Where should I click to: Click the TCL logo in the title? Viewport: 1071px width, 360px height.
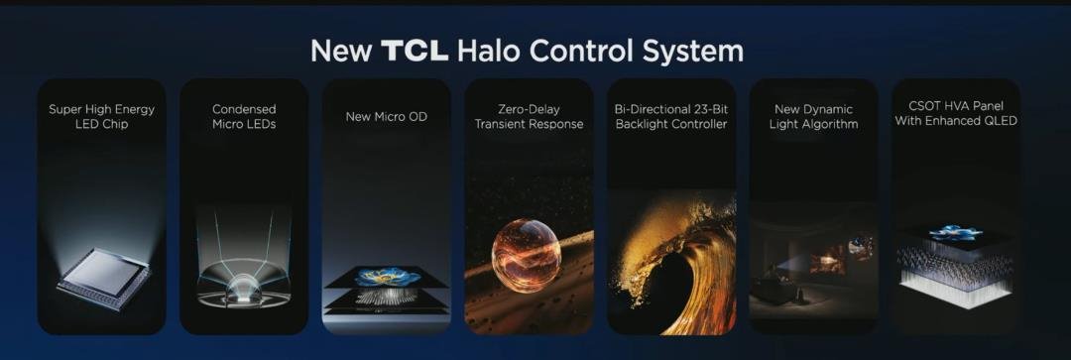[415, 52]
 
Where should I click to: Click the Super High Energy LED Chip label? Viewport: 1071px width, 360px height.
[102, 117]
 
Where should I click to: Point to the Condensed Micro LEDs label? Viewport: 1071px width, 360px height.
[244, 117]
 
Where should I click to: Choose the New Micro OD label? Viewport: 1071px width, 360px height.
[387, 117]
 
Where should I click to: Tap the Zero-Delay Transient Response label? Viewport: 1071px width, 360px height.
[530, 117]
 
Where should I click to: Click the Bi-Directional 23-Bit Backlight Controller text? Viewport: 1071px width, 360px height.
[671, 117]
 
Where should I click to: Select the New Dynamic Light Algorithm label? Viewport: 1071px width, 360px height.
[813, 117]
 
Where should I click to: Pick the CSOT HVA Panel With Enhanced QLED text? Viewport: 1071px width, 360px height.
[956, 113]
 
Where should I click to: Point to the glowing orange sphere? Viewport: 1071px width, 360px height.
[526, 255]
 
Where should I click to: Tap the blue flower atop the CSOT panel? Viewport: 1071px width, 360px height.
[956, 232]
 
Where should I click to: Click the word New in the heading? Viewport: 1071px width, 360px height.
[341, 52]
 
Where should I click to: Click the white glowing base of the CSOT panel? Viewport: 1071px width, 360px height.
[955, 291]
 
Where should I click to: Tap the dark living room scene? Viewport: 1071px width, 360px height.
[813, 270]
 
